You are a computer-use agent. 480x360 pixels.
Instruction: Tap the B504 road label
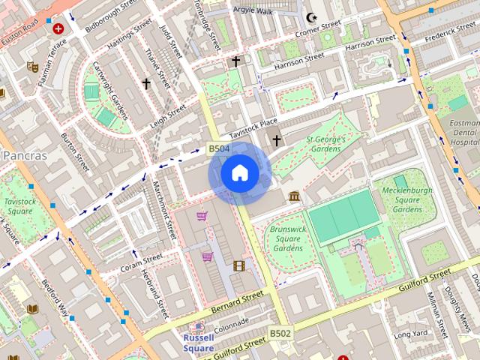(218, 149)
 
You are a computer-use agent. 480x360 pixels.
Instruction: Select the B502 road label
(280, 333)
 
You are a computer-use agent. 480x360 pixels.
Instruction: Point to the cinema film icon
(238, 265)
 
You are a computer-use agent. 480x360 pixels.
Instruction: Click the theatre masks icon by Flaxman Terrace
(32, 66)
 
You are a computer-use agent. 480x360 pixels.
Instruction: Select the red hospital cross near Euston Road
(58, 28)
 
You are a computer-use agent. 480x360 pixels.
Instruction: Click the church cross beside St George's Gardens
(276, 140)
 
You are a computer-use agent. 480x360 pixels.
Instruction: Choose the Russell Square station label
(199, 343)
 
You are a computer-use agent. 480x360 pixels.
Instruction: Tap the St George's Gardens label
(325, 144)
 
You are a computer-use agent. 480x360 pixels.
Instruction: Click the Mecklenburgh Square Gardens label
(408, 200)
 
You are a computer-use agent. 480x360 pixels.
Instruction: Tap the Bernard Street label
(237, 302)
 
